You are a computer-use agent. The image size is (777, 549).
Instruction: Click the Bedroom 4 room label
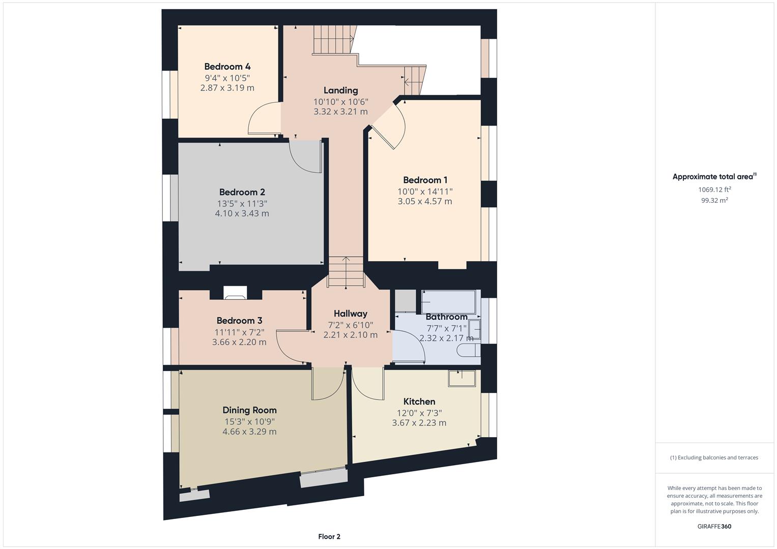coord(227,67)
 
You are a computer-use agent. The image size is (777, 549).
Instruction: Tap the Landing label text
coord(340,90)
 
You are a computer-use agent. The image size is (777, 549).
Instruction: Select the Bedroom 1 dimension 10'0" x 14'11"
coord(425,192)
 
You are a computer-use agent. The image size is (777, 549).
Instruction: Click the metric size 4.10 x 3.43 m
coord(242,213)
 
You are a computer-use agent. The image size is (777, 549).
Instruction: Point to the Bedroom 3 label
coord(239,321)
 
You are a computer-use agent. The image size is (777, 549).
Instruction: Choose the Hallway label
coord(350,314)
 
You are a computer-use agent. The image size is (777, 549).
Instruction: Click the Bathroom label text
coord(446,317)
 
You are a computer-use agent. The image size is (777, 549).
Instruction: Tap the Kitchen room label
coord(419,402)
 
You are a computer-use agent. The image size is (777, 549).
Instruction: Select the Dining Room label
coord(249,410)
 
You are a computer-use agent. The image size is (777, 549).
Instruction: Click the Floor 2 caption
coord(329,536)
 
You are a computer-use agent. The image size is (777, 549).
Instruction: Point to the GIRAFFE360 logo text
coord(714,526)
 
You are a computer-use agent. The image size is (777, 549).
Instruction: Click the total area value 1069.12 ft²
coord(714,190)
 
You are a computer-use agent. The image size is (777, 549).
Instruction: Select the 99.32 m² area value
coord(714,200)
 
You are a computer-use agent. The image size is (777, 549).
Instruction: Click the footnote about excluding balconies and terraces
coord(714,457)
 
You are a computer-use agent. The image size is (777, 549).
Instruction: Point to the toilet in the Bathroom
coord(467,350)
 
